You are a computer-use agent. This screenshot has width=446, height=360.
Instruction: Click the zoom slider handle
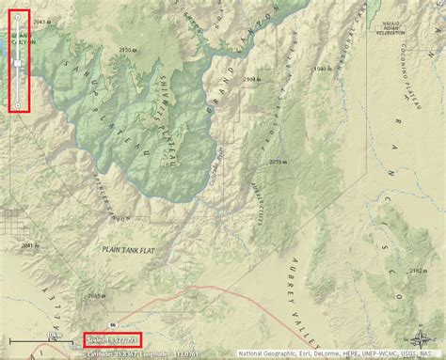pos(19,61)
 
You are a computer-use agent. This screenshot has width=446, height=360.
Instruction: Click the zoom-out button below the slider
pos(19,103)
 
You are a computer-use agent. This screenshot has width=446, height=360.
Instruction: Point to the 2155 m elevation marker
pos(124,49)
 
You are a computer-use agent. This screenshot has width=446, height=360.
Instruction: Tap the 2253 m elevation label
pos(276,162)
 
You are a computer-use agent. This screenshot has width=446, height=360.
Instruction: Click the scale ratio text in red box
pos(112,339)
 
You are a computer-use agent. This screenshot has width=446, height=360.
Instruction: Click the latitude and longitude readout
pos(132,353)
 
